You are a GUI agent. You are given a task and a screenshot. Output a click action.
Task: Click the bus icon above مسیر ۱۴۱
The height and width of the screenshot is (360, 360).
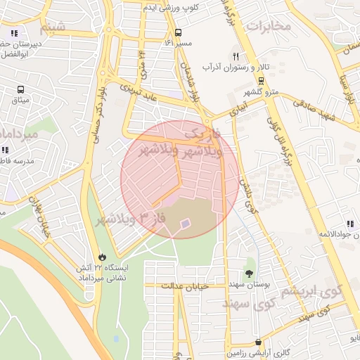pyautogui.click(x=178, y=32)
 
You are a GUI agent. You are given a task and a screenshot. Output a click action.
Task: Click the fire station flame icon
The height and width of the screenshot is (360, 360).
pyautogui.click(x=104, y=257)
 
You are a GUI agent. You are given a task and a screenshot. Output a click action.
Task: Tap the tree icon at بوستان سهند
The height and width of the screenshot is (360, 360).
pyautogui.click(x=250, y=274)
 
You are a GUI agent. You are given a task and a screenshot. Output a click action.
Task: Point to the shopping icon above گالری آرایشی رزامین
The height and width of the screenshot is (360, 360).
pyautogui.click(x=259, y=342)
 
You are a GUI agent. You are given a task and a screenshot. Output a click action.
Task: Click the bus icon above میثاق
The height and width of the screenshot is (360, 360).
pyautogui.click(x=20, y=90)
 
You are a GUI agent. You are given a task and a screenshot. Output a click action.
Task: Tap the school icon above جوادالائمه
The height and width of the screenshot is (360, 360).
pyautogui.click(x=349, y=225)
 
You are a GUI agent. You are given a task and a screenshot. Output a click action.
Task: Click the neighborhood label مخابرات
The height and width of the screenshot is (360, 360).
pyautogui.click(x=269, y=25)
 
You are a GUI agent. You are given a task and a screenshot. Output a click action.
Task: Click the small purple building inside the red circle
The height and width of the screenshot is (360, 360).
pyautogui.click(x=184, y=224)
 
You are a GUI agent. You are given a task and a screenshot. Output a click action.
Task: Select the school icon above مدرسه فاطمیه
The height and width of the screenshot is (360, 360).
pyautogui.click(x=6, y=150)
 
